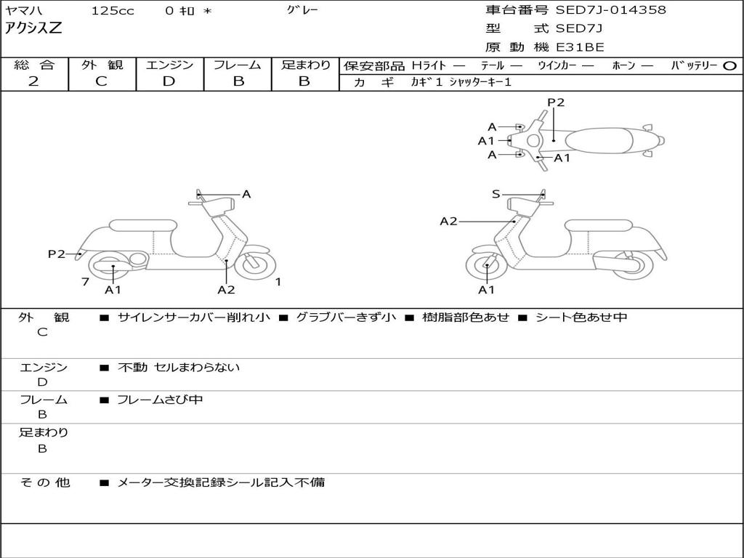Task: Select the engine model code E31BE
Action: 580,48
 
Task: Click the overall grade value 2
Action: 33,81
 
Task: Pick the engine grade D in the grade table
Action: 169,81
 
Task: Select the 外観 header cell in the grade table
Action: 102,65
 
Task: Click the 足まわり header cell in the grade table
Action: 305,65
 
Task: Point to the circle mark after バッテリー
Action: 729,65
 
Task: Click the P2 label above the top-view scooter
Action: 556,102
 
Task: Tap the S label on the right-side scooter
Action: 496,194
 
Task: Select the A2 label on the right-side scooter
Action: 448,221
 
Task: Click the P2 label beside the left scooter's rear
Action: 57,254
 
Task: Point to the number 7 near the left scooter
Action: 85,281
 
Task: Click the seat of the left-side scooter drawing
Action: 142,225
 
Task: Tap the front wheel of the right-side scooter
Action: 485,267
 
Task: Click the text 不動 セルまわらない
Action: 179,368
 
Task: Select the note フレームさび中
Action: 160,400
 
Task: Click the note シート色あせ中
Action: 581,318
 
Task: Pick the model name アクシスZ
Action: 34,28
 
